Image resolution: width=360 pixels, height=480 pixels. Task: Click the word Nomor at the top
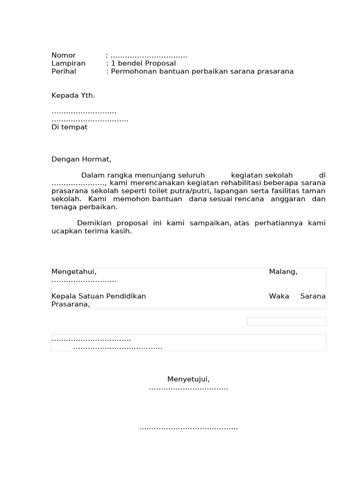click(63, 55)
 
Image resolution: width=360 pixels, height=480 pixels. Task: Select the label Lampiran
click(68, 63)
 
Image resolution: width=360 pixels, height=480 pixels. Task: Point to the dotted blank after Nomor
click(149, 56)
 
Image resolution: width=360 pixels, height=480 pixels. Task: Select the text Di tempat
click(69, 127)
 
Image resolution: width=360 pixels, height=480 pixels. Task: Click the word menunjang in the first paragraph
click(140, 175)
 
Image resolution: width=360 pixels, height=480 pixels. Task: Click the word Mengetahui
click(74, 272)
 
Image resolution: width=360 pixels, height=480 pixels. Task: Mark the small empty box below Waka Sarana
click(286, 321)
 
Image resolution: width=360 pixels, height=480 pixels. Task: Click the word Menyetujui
click(188, 379)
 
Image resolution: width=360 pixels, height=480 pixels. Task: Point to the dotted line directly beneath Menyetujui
click(188, 389)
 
